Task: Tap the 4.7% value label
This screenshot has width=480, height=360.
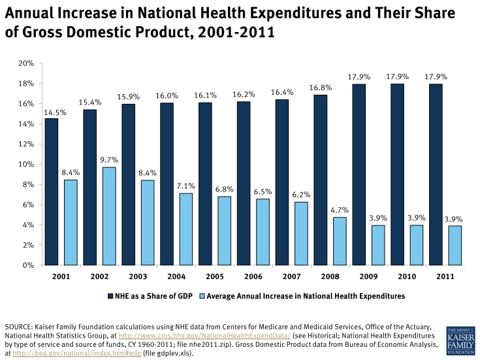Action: (340, 210)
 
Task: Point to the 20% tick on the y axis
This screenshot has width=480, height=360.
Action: (26, 63)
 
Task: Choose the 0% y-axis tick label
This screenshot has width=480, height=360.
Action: (29, 265)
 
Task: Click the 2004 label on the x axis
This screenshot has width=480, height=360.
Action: (177, 276)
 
